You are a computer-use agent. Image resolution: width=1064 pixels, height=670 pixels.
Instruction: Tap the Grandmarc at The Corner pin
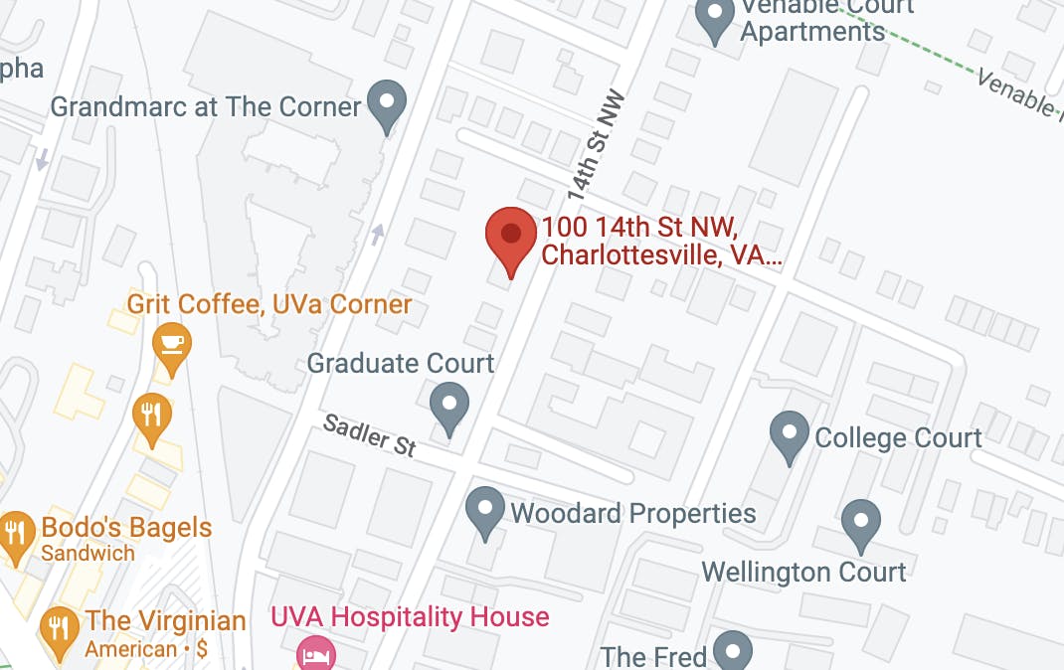pyautogui.click(x=386, y=103)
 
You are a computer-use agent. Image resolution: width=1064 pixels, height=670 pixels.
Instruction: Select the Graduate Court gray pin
pyautogui.click(x=449, y=406)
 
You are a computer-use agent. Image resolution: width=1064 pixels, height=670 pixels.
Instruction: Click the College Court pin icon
pyautogui.click(x=790, y=435)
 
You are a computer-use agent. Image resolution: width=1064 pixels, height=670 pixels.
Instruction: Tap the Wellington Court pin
pyautogui.click(x=860, y=524)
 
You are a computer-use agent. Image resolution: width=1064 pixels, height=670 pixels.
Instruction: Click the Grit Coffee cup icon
pyautogui.click(x=172, y=345)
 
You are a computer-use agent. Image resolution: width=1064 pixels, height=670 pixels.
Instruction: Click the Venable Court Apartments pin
pyautogui.click(x=714, y=17)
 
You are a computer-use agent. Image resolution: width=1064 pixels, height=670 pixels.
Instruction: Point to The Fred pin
pyautogui.click(x=733, y=650)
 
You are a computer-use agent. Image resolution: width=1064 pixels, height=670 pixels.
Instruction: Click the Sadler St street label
pyautogui.click(x=370, y=436)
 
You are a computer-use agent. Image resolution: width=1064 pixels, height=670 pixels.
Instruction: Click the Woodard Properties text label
pyautogui.click(x=632, y=513)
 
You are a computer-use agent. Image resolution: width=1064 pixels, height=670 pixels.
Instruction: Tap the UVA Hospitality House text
pyautogui.click(x=410, y=617)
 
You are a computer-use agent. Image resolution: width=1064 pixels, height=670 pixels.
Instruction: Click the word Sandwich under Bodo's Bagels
pyautogui.click(x=88, y=553)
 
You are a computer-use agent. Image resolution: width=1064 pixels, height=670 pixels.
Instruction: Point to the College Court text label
pyautogui.click(x=898, y=437)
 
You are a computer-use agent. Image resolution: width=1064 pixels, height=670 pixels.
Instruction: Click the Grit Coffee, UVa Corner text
pyautogui.click(x=268, y=303)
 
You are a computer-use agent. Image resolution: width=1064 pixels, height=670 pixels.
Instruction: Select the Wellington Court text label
pyautogui.click(x=803, y=572)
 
